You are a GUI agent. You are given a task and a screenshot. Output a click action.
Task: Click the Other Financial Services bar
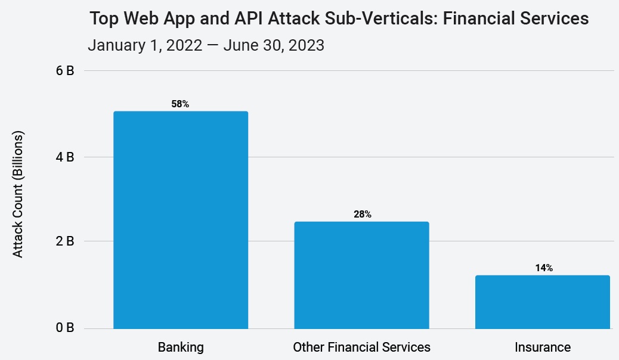pos(361,275)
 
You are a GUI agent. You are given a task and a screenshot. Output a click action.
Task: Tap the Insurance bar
pos(543,302)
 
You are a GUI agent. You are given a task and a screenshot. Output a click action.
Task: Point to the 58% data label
pos(180,104)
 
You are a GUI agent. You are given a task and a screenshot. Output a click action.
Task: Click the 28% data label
pos(362,215)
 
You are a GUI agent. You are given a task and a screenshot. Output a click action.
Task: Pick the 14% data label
pos(543,268)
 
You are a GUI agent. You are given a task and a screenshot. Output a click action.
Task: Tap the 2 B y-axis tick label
pos(64,242)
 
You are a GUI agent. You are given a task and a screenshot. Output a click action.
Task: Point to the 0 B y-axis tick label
pos(64,328)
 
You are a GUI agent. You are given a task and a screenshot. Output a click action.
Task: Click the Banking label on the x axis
pos(181,347)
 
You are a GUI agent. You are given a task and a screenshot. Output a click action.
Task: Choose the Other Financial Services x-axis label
pos(361,347)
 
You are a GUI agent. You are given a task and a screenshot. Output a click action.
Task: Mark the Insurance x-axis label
pos(543,347)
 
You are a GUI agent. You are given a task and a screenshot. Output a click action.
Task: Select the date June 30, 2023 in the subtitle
pos(274,45)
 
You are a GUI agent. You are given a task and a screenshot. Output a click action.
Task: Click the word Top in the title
pos(104,19)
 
